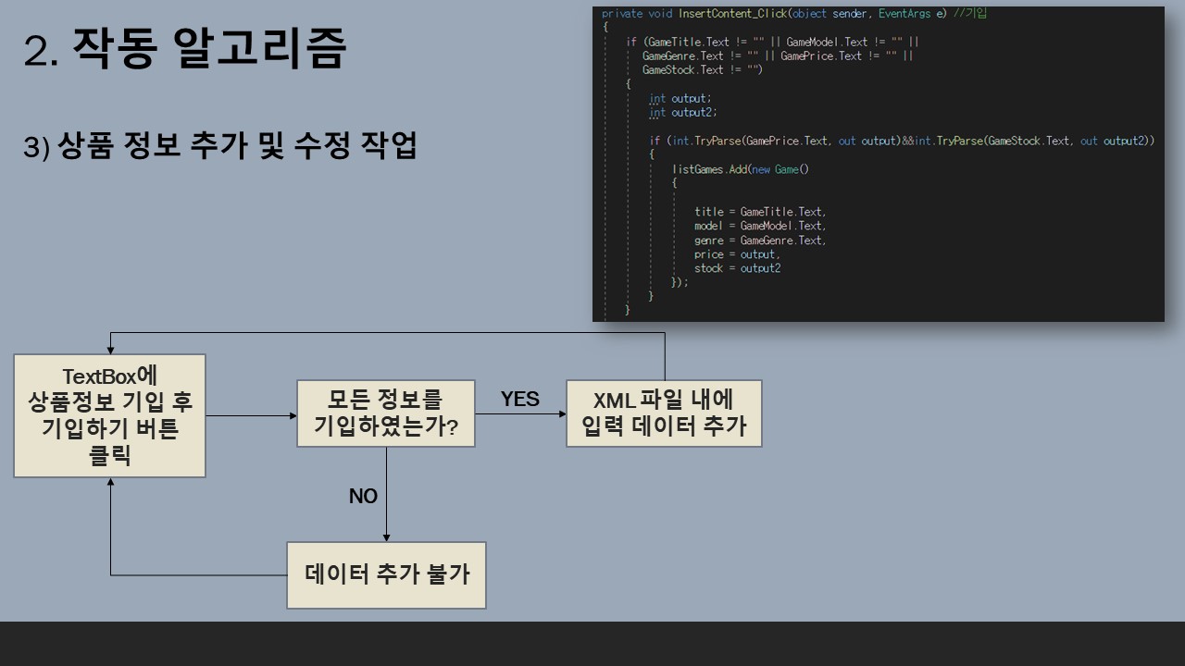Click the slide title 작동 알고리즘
207,49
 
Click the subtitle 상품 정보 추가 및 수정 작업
236,146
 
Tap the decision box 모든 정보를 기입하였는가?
386,413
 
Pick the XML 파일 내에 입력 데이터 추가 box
664,413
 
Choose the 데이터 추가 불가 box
386,574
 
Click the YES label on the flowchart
519,399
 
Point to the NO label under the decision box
363,497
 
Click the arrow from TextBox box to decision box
250,416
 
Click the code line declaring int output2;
683,113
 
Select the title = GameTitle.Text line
759,212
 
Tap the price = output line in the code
737,254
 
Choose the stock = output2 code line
737,268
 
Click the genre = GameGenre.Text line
759,240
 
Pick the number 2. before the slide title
42,52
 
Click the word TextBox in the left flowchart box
98,376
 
